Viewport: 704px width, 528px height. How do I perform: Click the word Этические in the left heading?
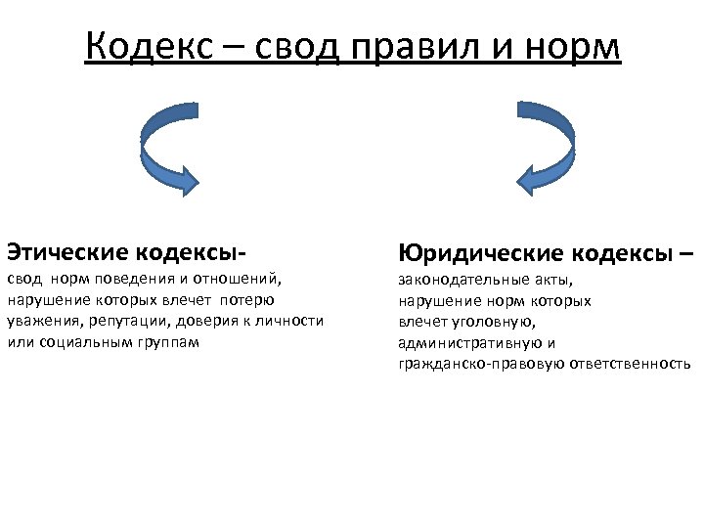(x=67, y=252)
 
